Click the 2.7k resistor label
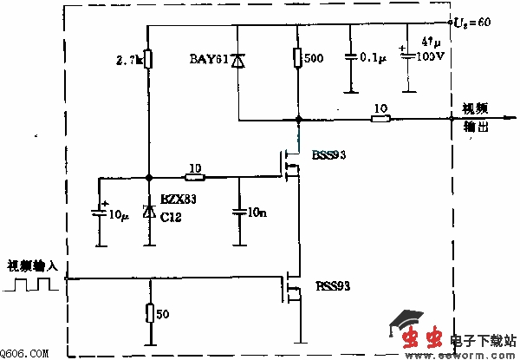pos(127,62)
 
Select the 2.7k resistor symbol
pos(148,59)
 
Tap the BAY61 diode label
pos(208,59)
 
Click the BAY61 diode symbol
pos(237,59)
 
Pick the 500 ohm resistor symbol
pos(297,58)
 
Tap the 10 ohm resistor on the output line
pos(380,118)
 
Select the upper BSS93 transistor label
pos(325,154)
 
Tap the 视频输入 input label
pos(29,265)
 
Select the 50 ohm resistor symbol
pos(148,313)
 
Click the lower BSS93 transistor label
pos(331,284)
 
